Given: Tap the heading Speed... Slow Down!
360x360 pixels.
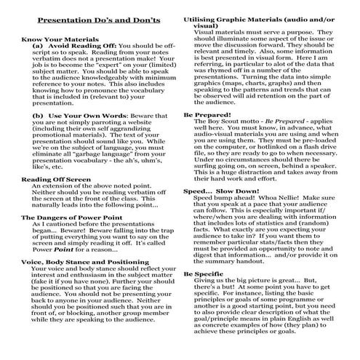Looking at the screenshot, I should click(x=217, y=191).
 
